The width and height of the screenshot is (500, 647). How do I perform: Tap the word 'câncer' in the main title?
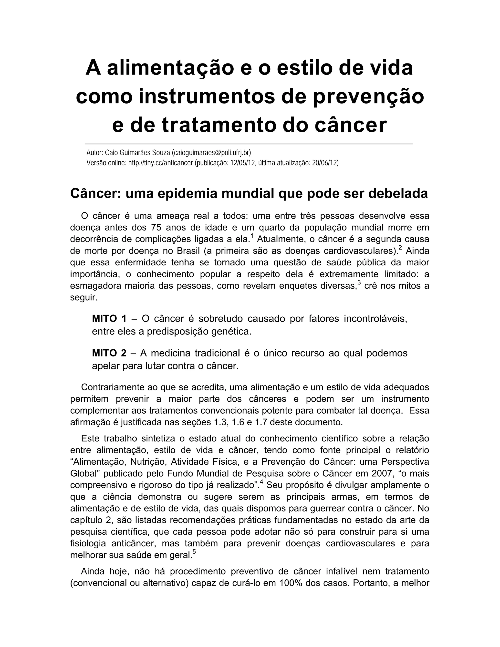(x=350, y=125)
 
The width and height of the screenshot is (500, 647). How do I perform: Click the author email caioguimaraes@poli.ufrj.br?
(x=211, y=153)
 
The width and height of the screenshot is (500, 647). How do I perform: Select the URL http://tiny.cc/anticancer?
(x=161, y=163)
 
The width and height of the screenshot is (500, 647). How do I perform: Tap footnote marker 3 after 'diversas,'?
(x=359, y=283)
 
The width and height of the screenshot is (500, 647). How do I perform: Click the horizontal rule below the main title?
(x=249, y=144)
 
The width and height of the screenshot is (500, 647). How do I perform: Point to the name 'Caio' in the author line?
(x=110, y=153)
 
